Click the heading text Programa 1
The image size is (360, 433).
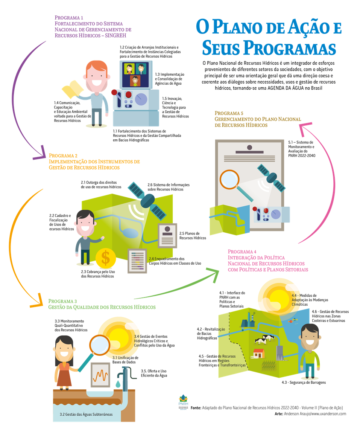coord(69,17)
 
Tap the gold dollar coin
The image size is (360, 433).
coord(106,258)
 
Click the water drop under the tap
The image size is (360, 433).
coord(118,383)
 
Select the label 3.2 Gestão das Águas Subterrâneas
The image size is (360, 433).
coord(86,414)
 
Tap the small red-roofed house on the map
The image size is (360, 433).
coord(258,353)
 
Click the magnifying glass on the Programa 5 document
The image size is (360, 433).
coord(230,179)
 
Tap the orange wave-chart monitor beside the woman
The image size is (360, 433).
coord(100,375)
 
